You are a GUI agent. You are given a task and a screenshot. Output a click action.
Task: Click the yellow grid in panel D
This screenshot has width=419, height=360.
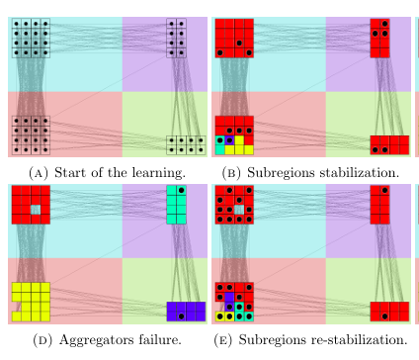(x=31, y=302)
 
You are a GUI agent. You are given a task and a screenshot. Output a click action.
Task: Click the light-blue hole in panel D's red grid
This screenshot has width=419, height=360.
(x=37, y=210)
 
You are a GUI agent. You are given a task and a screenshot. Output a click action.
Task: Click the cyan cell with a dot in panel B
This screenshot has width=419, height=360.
(x=221, y=140)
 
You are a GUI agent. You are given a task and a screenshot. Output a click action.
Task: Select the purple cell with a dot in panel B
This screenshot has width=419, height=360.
(x=230, y=140)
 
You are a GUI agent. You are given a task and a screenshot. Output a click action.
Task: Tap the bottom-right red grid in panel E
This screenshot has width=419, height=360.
(x=387, y=314)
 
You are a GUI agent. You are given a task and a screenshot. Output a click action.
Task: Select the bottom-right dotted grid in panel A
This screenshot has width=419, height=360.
(x=185, y=145)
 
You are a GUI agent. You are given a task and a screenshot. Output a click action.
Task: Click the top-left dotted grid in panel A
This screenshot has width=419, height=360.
(x=31, y=38)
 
